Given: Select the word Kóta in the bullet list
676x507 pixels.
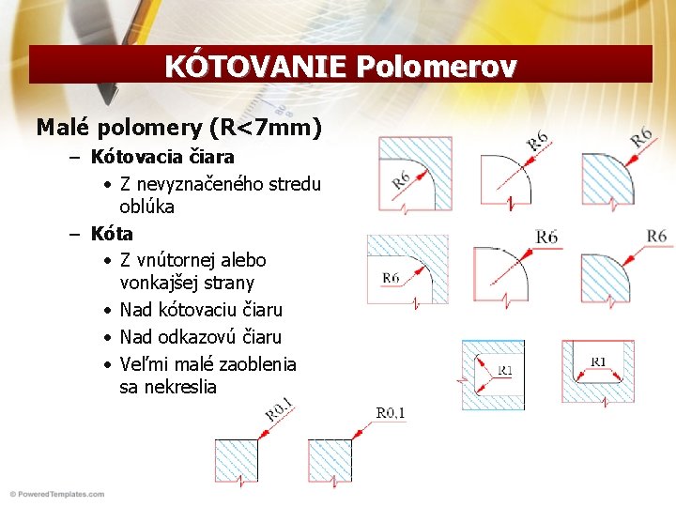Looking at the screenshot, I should (112, 233).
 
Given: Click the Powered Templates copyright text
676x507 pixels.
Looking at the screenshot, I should (56, 494).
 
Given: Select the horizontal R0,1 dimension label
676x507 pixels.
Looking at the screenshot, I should (391, 413).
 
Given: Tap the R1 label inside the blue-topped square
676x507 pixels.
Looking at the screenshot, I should (505, 371).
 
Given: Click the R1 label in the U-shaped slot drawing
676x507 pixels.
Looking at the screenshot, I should (599, 362).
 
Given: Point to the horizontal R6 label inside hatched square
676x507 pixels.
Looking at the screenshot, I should (392, 278).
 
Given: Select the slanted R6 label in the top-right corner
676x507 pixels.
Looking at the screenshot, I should (642, 137).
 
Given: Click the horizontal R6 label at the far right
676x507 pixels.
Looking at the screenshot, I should (656, 236).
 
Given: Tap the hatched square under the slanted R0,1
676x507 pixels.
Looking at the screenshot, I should (236, 460).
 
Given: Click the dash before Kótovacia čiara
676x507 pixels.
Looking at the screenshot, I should (74, 157).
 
